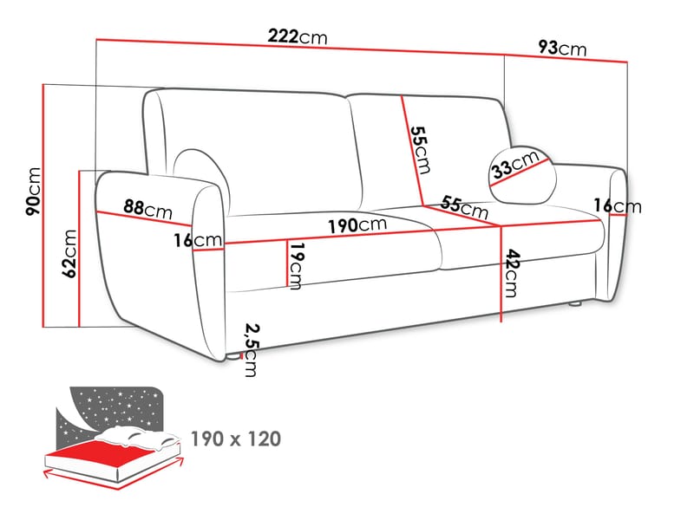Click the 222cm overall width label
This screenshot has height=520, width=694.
(x=298, y=36)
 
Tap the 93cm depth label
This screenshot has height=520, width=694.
(x=562, y=48)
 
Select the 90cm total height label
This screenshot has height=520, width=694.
(x=34, y=191)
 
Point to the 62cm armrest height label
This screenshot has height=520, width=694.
(x=69, y=253)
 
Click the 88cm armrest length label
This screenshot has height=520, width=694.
(x=147, y=209)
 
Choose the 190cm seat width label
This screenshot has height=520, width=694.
(x=357, y=224)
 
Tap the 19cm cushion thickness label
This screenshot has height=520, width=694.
(x=297, y=265)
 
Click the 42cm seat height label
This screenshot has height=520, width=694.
(x=512, y=273)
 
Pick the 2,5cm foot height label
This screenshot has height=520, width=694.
(x=252, y=350)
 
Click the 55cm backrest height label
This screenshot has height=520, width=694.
(x=420, y=149)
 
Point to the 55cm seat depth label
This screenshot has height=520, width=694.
(x=464, y=207)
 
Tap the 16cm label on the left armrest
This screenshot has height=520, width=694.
(x=198, y=240)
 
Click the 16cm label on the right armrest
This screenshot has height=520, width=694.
(x=618, y=206)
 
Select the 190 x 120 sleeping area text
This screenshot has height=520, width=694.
(x=236, y=439)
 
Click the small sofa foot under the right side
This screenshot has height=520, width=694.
(x=574, y=304)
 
